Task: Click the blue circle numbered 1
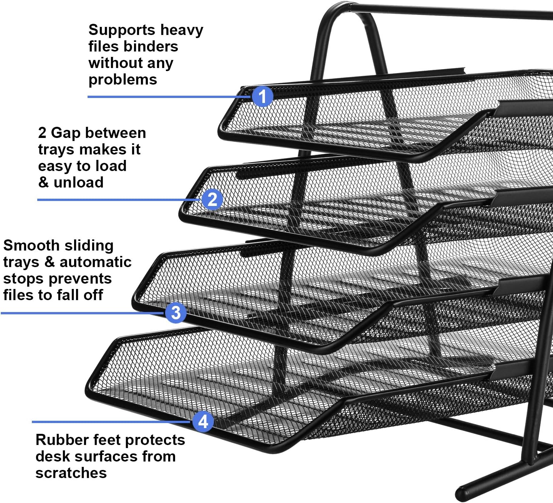tap(263, 96)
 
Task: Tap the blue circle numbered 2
tap(212, 199)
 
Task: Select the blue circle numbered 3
tap(176, 313)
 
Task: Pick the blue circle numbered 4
tap(203, 421)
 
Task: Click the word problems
tap(123, 80)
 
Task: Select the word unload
tap(78, 182)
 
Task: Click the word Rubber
tap(60, 440)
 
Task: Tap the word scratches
tap(71, 473)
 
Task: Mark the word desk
tap(52, 456)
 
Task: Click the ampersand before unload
tap(43, 182)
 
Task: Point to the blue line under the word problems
tap(169, 96)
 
